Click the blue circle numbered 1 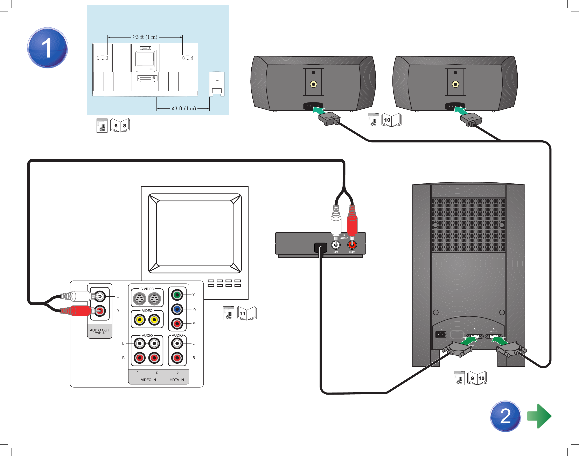coord(48,48)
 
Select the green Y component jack coord(177,295)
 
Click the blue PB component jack coord(177,309)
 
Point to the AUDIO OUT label coord(99,330)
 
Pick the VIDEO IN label coord(148,380)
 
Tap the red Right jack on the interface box coord(352,244)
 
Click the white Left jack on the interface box coord(335,244)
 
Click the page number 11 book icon coord(246,313)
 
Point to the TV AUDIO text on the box coord(344,236)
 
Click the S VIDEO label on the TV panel coord(147,289)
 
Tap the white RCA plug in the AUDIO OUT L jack coord(80,296)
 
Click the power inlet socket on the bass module coord(441,334)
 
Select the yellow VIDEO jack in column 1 coord(139,320)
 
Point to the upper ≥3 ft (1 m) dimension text coord(145,37)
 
